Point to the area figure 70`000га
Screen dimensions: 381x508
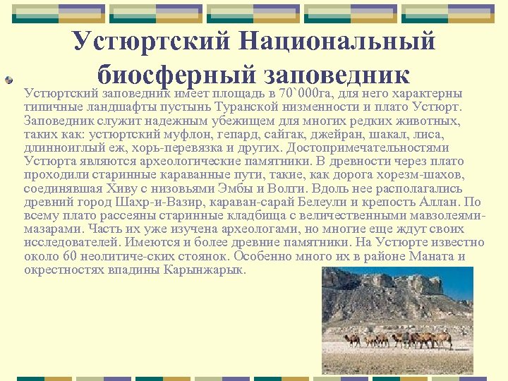point(307,93)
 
